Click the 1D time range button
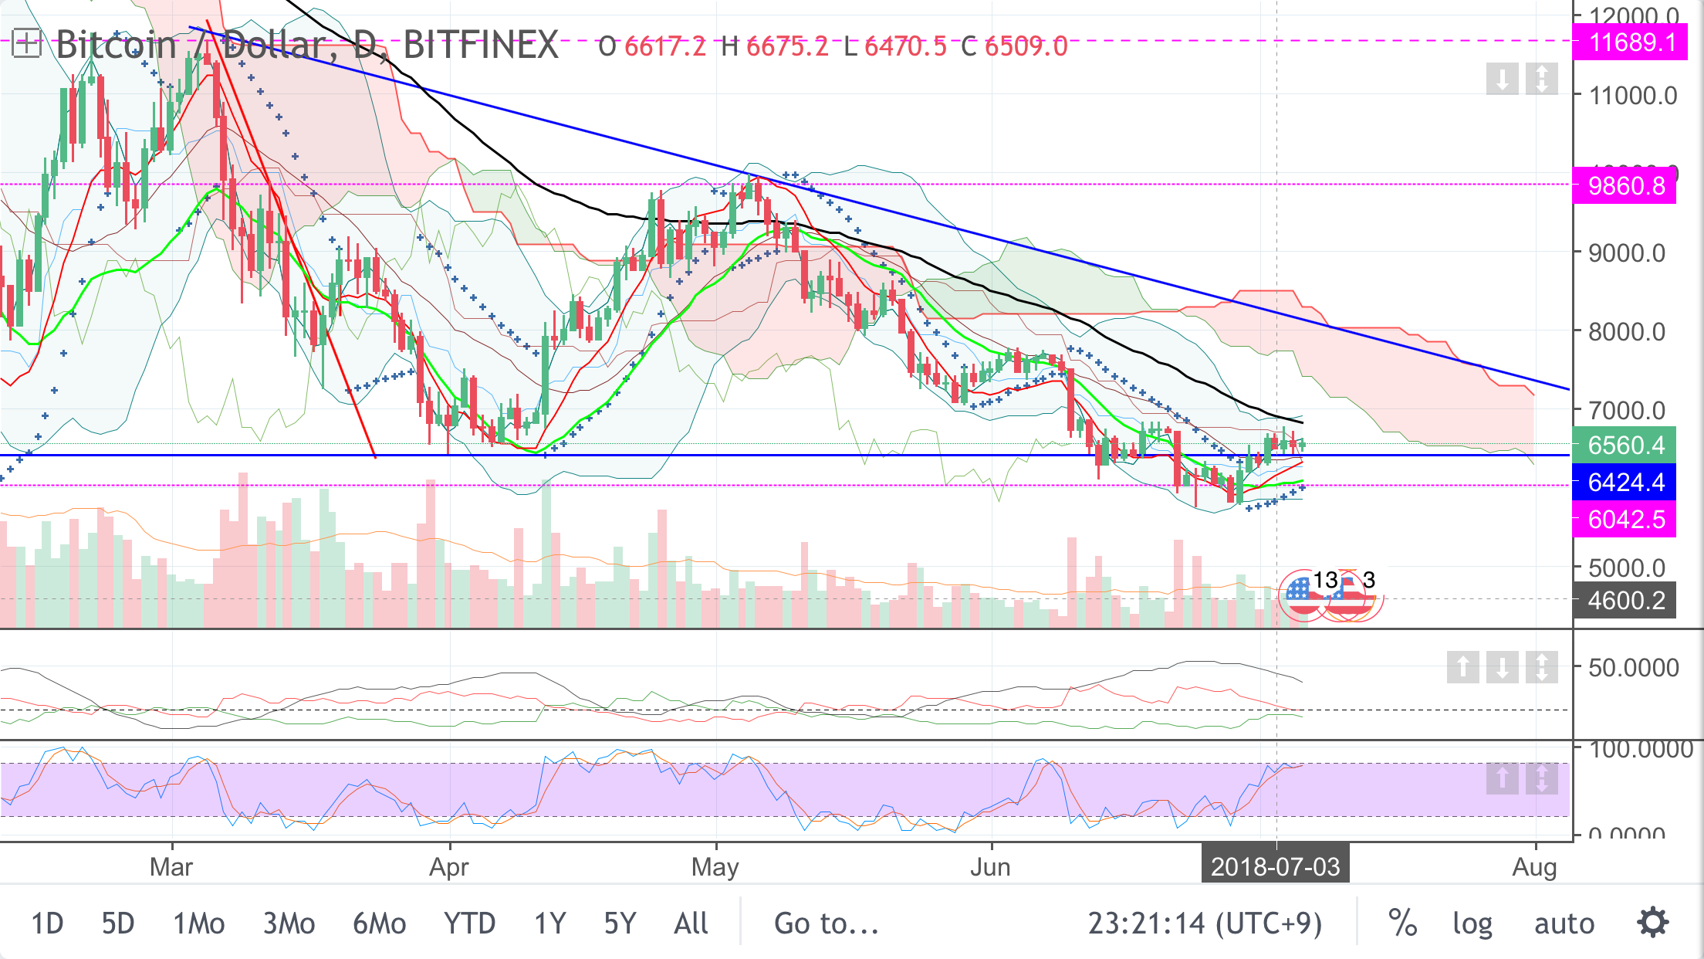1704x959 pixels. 47,923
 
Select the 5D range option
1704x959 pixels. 118,923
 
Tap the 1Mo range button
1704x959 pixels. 198,923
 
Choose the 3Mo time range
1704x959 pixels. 289,923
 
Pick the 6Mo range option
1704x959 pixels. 379,923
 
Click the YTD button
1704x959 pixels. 469,923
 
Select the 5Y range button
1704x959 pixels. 620,923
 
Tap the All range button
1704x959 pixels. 691,923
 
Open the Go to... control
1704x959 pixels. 827,923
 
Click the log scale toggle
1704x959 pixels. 1472,923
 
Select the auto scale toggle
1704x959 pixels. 1564,923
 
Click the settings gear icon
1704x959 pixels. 1653,923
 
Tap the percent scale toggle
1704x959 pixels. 1402,923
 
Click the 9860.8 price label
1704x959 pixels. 1626,186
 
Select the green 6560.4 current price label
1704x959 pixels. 1626,446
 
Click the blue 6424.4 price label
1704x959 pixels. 1626,483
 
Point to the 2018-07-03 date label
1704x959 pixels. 1275,866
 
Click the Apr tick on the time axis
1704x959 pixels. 448,867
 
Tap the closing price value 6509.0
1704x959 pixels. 1026,46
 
